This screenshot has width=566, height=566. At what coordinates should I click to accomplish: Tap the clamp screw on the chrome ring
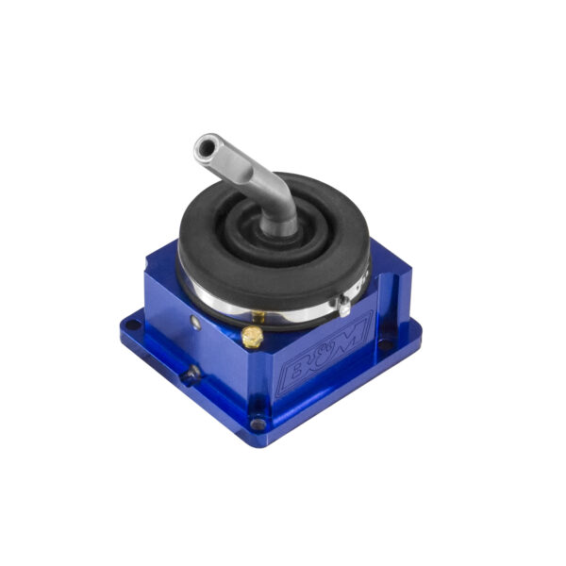pyautogui.click(x=345, y=305)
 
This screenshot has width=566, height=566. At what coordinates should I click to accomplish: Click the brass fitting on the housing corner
pyautogui.click(x=253, y=337)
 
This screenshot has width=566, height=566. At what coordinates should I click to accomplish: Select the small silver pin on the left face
pyautogui.click(x=194, y=321)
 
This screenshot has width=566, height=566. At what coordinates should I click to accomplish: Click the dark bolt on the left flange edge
pyautogui.click(x=191, y=374)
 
